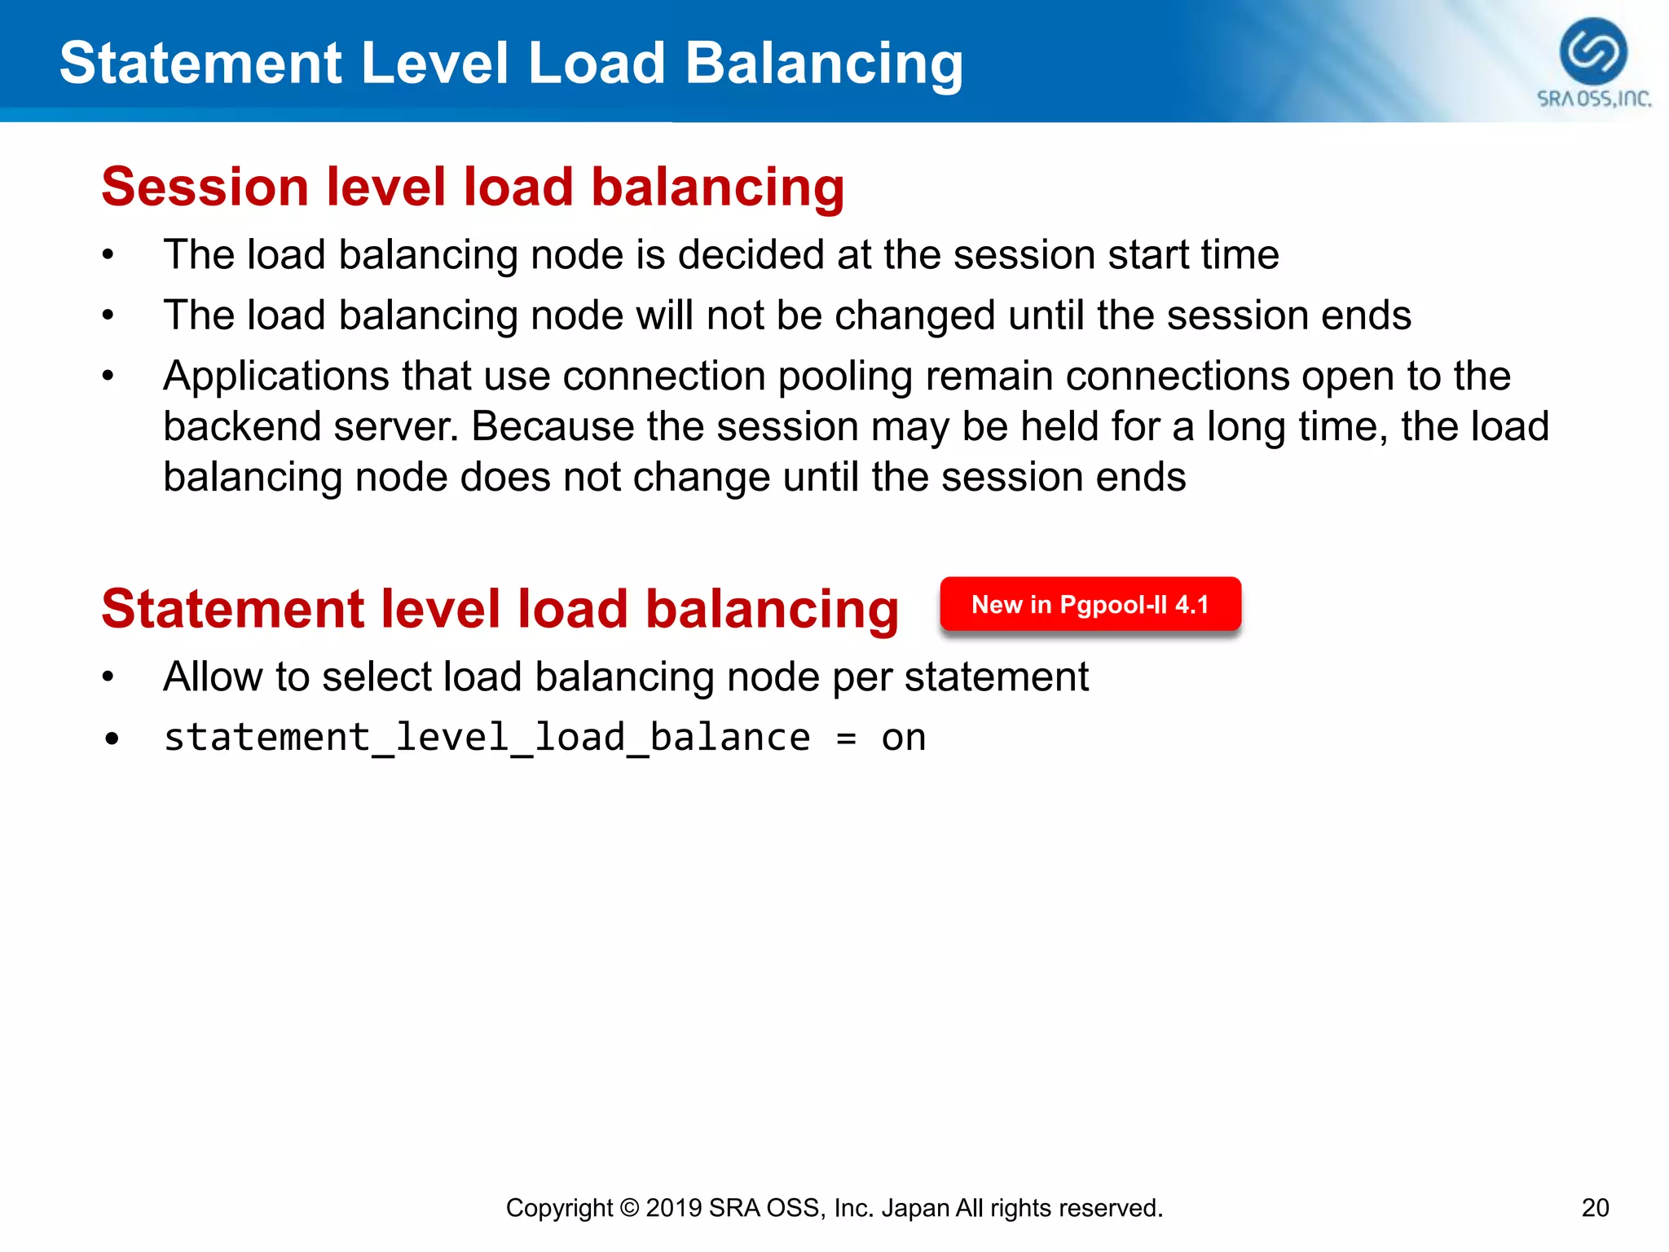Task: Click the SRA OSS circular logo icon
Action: click(x=1593, y=51)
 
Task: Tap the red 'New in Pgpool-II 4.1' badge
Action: click(x=1090, y=605)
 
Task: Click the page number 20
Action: click(x=1595, y=1207)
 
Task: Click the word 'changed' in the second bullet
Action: click(x=915, y=316)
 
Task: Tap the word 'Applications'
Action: click(x=275, y=377)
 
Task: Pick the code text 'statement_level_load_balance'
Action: click(x=487, y=738)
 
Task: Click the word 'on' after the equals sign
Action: click(x=903, y=738)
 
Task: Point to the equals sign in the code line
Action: click(x=846, y=738)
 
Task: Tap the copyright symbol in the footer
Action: click(x=628, y=1208)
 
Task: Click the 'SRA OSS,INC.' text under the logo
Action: click(x=1593, y=99)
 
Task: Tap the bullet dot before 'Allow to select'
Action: click(x=108, y=677)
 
